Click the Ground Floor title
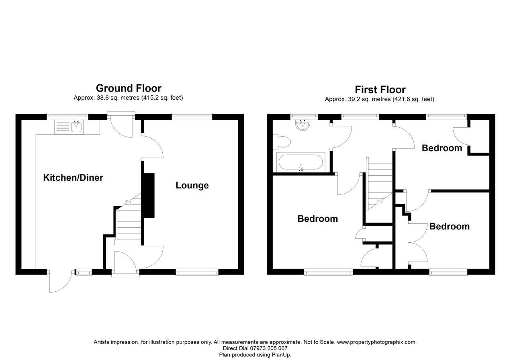tap(129, 88)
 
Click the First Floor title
tap(380, 89)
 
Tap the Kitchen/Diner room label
tap(73, 178)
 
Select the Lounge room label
tap(192, 185)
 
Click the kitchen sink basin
tap(77, 127)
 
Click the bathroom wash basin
tap(302, 125)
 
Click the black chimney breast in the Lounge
tap(149, 195)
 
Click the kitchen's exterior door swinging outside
tap(60, 281)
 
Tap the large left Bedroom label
tap(317, 219)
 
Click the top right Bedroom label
tap(442, 148)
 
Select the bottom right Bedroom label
tap(449, 226)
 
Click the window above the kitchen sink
tap(67, 117)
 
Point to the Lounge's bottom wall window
tap(197, 272)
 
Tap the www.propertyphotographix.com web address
tap(376, 342)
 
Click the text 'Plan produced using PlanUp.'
tap(255, 355)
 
